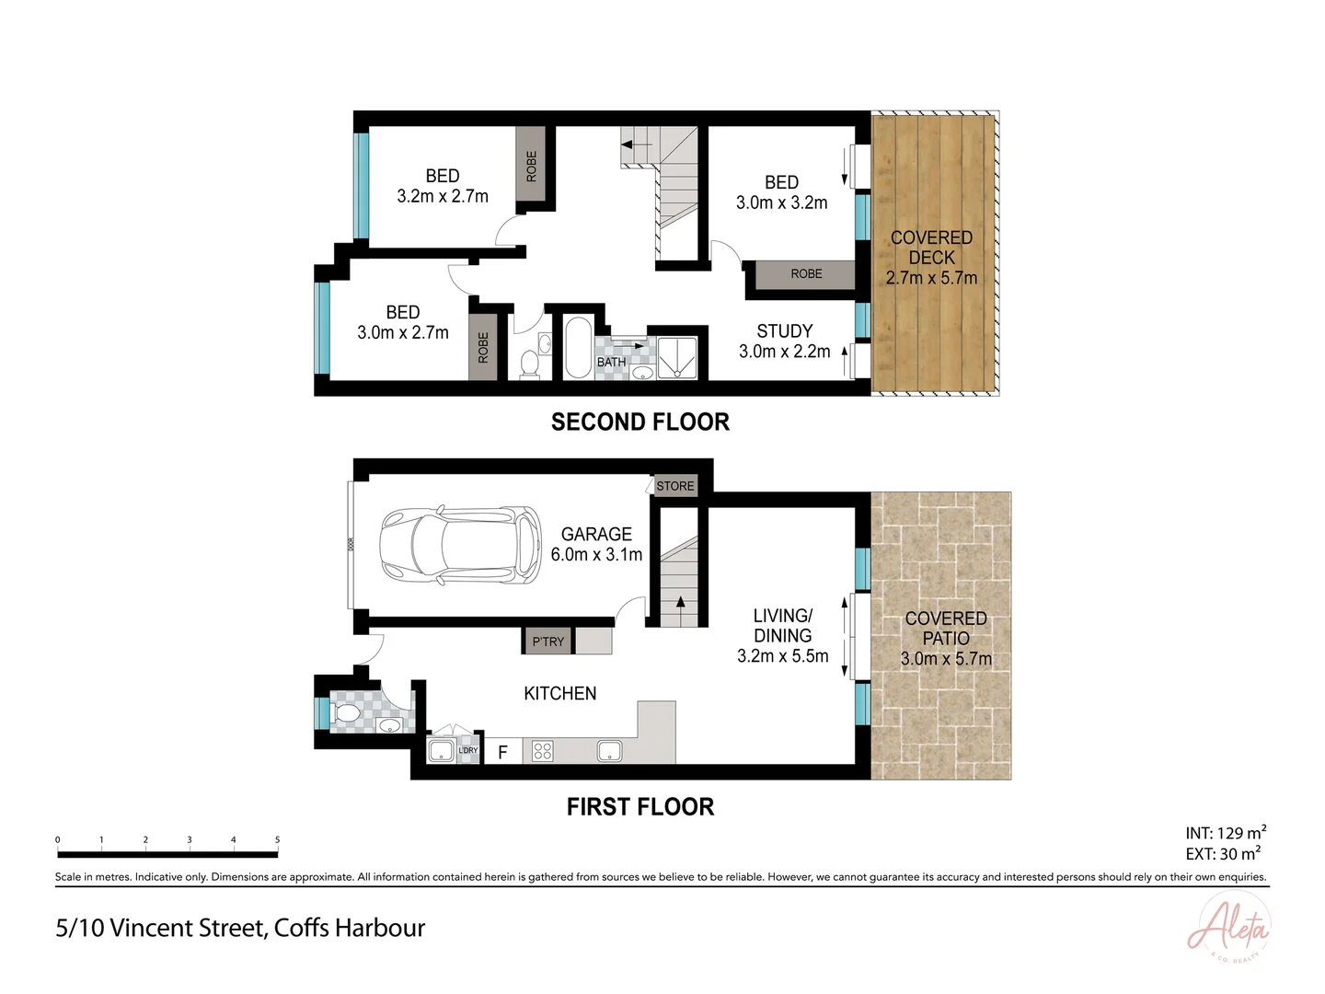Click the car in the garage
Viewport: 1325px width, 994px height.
click(x=460, y=544)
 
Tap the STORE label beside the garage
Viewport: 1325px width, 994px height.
click(x=675, y=486)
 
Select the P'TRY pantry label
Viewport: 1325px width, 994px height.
click(x=548, y=641)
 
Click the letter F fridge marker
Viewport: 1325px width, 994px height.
click(x=502, y=752)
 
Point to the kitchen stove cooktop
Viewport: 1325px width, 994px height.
click(x=542, y=751)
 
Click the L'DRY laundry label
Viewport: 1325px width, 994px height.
click(x=468, y=750)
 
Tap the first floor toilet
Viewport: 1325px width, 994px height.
click(x=348, y=713)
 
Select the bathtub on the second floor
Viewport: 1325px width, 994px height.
click(x=577, y=347)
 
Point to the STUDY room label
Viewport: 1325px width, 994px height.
click(x=784, y=331)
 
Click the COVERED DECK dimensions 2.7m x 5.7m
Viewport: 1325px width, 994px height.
click(x=931, y=278)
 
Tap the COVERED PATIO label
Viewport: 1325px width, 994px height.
click(x=945, y=628)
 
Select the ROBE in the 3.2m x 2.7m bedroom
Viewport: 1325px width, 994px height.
click(x=531, y=167)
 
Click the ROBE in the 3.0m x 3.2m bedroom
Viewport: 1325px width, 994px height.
click(x=806, y=273)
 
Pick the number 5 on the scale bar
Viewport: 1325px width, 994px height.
click(x=277, y=839)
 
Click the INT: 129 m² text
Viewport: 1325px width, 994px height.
click(x=1225, y=833)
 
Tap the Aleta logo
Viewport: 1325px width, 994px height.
click(x=1229, y=928)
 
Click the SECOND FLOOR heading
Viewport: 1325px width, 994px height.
click(x=639, y=422)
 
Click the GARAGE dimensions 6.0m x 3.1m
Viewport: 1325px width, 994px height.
click(x=596, y=554)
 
